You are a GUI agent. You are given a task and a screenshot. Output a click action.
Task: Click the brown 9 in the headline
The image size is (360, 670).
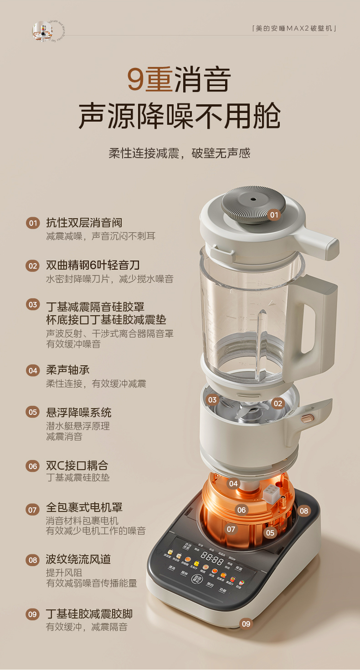coord(136,79)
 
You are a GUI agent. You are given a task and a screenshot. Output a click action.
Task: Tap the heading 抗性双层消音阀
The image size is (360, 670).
coord(84,223)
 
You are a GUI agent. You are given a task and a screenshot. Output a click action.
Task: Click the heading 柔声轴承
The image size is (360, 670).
coord(68,370)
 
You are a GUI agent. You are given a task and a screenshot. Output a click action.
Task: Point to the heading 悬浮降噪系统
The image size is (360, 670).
coord(78,413)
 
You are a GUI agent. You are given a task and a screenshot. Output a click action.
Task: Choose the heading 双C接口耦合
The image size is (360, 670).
coord(77,465)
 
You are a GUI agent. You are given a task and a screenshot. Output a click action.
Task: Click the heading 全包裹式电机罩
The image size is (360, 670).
coord(84,507)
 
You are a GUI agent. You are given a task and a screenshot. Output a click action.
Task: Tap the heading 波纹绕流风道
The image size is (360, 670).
coord(78,559)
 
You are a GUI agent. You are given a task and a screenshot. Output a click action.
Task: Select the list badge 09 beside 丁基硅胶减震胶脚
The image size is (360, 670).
coord(33,614)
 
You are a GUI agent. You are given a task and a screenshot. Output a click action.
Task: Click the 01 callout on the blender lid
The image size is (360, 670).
coord(274,215)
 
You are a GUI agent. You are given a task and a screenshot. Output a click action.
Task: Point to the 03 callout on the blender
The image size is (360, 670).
coord(212,400)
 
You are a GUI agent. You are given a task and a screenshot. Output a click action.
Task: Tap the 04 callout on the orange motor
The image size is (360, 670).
coord(234,484)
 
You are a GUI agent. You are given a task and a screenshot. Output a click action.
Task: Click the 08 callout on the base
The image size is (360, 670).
coord(304,511)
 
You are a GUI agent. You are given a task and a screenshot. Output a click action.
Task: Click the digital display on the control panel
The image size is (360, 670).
coord(211,557)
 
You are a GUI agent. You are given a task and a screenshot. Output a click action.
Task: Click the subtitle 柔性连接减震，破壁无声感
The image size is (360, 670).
coord(180,153)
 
